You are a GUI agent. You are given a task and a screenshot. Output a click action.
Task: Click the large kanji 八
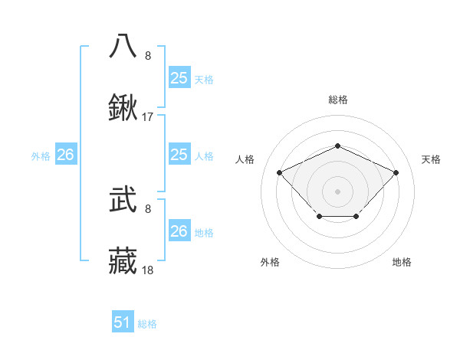click(x=123, y=45)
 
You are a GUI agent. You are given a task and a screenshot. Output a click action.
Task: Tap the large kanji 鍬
click(x=123, y=108)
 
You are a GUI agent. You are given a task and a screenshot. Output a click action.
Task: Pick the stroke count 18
click(x=148, y=270)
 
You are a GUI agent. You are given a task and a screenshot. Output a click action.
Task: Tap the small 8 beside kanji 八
click(x=148, y=55)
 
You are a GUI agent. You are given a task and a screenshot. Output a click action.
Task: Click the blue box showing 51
click(x=123, y=322)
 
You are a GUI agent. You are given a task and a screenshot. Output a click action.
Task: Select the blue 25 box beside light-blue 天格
click(x=179, y=78)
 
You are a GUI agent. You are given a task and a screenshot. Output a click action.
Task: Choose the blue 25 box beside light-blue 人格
click(x=179, y=155)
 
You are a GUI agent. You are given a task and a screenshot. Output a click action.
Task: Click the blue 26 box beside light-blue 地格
click(x=179, y=231)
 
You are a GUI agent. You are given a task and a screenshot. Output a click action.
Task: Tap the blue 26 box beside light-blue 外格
click(x=65, y=155)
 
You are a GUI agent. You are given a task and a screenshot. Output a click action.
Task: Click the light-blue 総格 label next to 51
click(x=147, y=324)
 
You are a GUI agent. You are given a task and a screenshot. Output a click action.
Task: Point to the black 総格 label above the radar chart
click(x=338, y=100)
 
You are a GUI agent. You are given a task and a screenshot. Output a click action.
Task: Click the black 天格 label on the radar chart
click(x=431, y=159)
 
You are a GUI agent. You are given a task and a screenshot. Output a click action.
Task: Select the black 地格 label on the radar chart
click(x=402, y=262)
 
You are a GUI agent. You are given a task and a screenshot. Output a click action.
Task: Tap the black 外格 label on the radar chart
click(x=270, y=262)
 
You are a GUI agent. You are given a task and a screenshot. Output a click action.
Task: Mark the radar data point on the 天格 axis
click(x=396, y=172)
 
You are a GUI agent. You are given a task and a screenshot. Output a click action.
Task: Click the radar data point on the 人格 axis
click(x=280, y=172)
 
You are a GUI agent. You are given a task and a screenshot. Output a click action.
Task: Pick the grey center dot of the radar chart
click(x=338, y=191)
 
